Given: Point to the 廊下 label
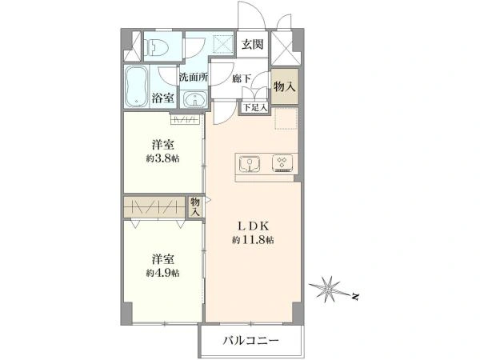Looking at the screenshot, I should tap(242, 78).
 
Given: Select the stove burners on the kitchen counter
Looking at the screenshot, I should tap(282, 162).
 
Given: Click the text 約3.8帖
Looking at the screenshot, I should tap(163, 158).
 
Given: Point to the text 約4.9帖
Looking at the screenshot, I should tap(163, 273).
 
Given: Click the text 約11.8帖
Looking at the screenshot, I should tap(253, 240).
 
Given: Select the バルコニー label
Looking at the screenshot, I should tap(251, 342).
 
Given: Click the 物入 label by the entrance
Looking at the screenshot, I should tap(284, 87).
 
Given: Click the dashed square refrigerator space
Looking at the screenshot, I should tap(285, 118).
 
